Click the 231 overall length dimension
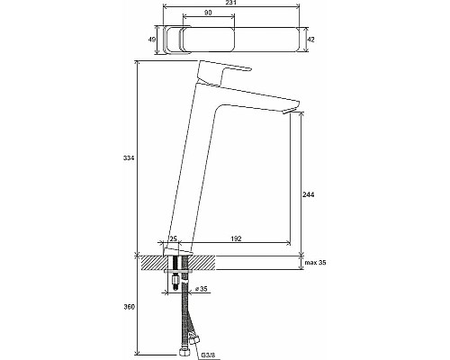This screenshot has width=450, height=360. (x=231, y=3)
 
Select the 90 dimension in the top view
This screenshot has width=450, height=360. (x=209, y=13)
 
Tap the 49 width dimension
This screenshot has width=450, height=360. (x=152, y=40)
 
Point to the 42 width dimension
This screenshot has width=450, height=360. (x=311, y=40)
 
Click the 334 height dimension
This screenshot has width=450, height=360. (x=129, y=158)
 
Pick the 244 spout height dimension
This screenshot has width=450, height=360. (x=309, y=194)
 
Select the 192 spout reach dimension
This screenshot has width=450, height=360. (x=236, y=238)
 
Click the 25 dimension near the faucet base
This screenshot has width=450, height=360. (x=174, y=238)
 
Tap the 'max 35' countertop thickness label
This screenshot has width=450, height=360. (x=316, y=263)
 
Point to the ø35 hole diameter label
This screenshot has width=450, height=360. (x=201, y=289)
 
